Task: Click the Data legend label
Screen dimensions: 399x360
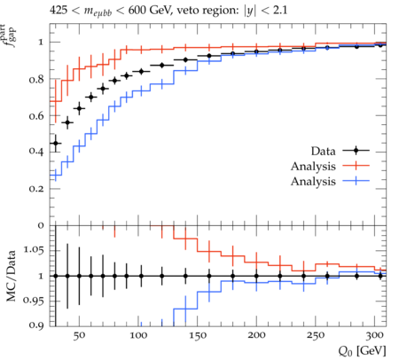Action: coord(323,151)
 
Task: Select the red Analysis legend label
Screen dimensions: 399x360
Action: coord(313,166)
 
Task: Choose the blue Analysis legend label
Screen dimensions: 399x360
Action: coord(313,181)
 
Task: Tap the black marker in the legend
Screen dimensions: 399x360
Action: coord(356,151)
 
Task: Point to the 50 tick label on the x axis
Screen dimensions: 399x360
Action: coord(79,335)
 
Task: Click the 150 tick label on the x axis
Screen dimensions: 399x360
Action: coord(197,335)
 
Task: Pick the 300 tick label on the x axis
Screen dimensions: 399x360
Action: coord(374,335)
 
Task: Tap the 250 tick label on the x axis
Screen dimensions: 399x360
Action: coord(316,335)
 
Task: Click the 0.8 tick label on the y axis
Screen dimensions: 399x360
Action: coord(36,79)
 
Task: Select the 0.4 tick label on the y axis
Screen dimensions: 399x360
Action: coord(36,152)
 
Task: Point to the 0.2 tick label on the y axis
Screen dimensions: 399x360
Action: coord(36,189)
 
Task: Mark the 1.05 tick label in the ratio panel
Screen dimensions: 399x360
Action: coord(34,250)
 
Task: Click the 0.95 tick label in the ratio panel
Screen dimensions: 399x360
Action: coord(34,301)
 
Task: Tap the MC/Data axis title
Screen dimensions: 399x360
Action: coord(12,276)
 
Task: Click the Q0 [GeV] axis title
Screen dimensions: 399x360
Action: coord(362,351)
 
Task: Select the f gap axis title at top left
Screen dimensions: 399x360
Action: coord(10,35)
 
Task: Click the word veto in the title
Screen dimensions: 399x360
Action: coord(189,11)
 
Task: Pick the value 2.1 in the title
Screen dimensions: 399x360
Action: coord(280,11)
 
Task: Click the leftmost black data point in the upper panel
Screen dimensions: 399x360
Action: coord(56,144)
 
